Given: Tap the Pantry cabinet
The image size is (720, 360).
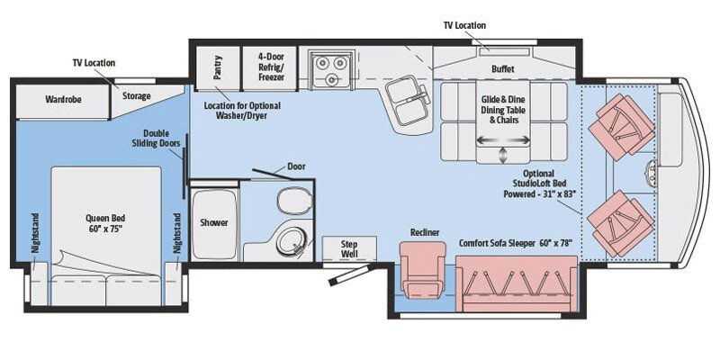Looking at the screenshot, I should coord(218,68).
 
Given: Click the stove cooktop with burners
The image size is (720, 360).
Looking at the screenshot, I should coord(329,67).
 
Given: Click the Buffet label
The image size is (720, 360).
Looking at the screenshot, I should coord(503,69).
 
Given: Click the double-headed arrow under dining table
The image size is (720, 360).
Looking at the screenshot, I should coord(503,139).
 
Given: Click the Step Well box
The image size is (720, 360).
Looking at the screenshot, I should coord(346,248).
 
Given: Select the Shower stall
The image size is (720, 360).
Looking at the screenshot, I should coord(214,221).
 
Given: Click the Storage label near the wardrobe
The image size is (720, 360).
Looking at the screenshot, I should coord(137,95).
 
